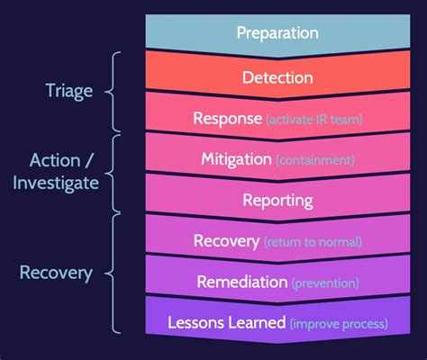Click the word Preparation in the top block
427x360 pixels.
click(x=277, y=33)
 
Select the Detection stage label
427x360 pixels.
click(x=277, y=77)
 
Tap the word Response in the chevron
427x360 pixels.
click(x=229, y=119)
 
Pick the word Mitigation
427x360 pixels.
click(x=236, y=159)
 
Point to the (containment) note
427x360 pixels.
click(x=315, y=160)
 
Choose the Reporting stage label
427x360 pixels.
click(x=277, y=200)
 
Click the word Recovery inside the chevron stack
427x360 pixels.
click(x=227, y=240)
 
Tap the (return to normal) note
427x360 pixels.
click(x=313, y=241)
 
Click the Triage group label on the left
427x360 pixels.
click(x=68, y=90)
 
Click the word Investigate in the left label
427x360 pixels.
click(x=56, y=184)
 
